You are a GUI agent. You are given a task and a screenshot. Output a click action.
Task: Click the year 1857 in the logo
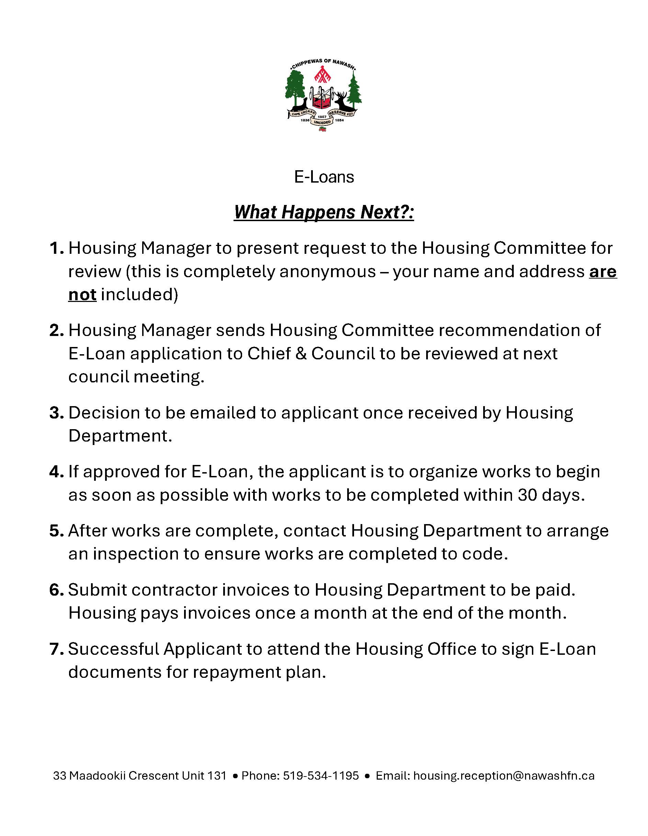[x=322, y=116]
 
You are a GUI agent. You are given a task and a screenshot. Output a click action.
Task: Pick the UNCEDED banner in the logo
[x=322, y=122]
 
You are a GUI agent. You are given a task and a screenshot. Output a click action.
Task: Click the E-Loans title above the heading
[x=324, y=177]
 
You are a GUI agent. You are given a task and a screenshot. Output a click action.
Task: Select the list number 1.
[x=56, y=248]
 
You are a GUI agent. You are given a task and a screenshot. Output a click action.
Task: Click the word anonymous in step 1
[x=328, y=271]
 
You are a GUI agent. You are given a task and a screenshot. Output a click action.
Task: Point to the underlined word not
[x=82, y=295]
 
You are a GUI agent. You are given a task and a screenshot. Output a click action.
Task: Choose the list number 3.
[x=56, y=413]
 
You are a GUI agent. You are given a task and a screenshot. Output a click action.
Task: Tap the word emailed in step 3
[x=223, y=413]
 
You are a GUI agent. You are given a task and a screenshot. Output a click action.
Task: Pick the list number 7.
[x=56, y=649]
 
